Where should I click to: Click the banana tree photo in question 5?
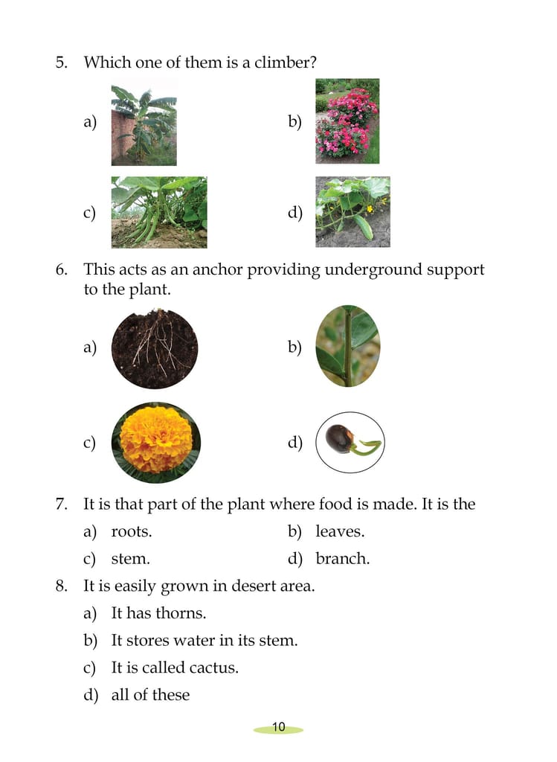144,125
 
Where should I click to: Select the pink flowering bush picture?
347,121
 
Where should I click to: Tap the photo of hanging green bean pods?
159,212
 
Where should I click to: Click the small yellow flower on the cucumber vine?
370,209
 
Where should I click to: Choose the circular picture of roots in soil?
155,348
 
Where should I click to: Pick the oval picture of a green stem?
348,346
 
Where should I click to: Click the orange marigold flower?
156,442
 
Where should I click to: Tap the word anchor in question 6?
217,269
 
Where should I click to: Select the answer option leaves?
340,531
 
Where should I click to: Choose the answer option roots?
132,531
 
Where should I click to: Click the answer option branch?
342,558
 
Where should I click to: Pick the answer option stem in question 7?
131,559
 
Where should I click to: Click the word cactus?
213,667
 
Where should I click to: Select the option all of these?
150,694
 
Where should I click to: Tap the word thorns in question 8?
181,613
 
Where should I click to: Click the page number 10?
279,727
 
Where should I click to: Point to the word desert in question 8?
251,586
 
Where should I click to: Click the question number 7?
62,504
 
